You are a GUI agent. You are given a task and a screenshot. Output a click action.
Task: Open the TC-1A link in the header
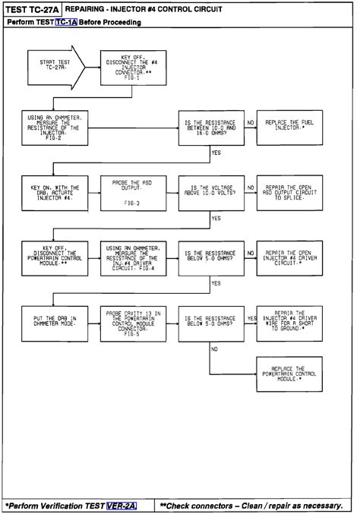coord(65,23)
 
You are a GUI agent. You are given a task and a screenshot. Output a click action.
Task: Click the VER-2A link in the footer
coord(122,504)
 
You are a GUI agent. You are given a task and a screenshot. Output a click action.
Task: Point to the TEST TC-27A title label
coord(31,8)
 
